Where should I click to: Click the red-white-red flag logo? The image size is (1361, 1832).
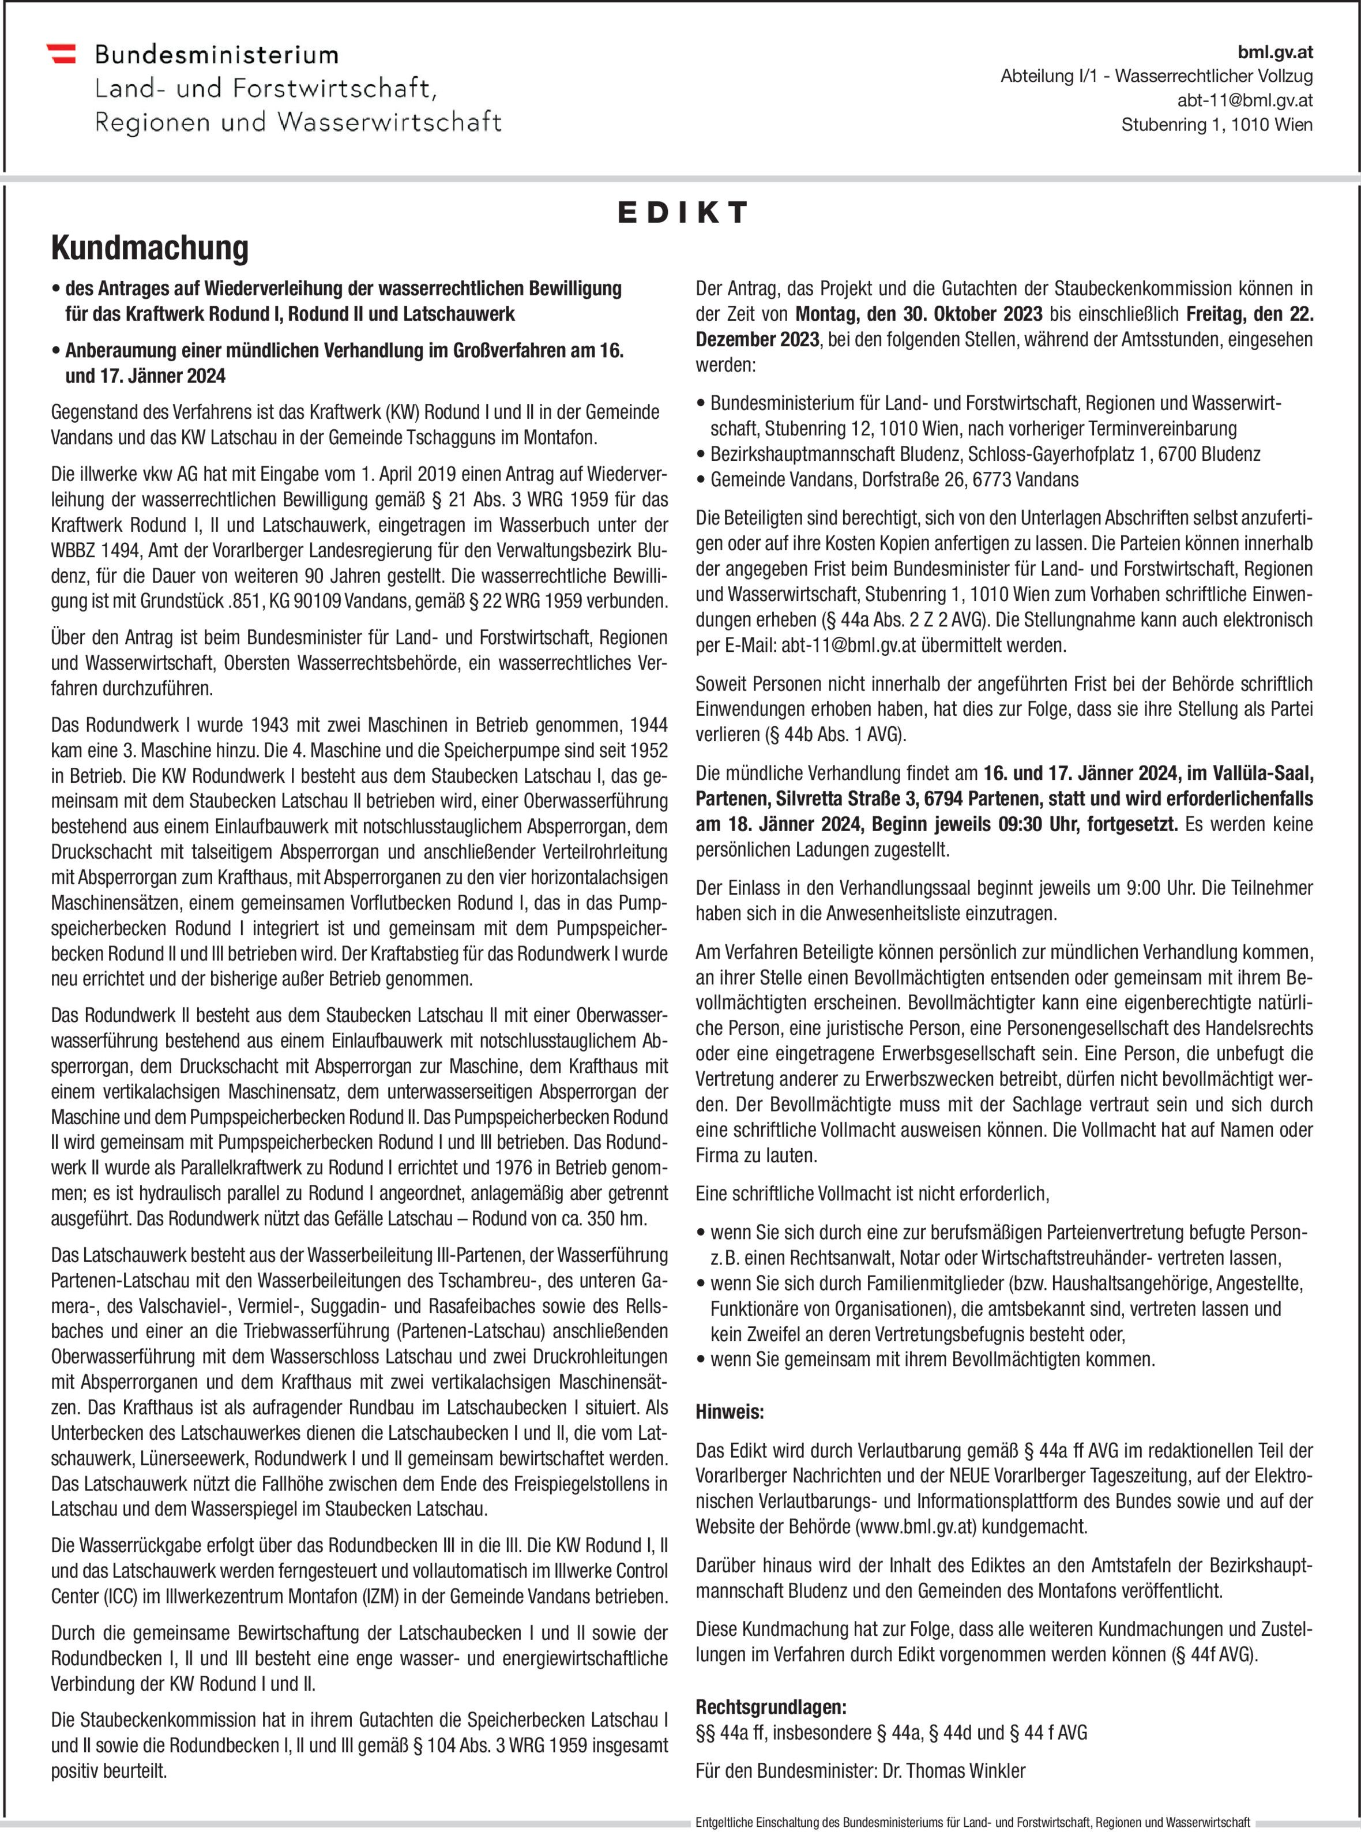(x=61, y=54)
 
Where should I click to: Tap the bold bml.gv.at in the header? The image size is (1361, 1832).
(x=1274, y=52)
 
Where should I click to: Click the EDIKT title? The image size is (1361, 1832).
(x=682, y=213)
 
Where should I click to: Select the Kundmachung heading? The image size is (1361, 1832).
(x=150, y=248)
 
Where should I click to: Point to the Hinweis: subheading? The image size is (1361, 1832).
(x=730, y=1411)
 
